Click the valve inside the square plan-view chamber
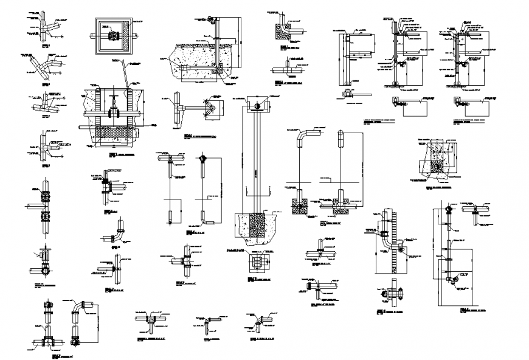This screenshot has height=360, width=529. pyautogui.click(x=111, y=37)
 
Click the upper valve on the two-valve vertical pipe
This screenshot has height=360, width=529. pyautogui.click(x=44, y=197)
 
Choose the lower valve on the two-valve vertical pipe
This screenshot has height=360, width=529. pyautogui.click(x=44, y=216)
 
